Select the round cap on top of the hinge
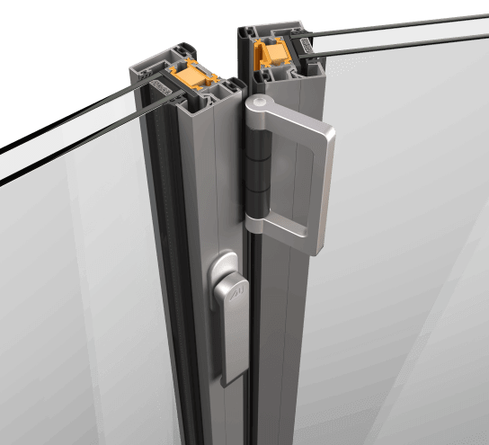[257, 107]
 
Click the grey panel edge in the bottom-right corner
[449, 396]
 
